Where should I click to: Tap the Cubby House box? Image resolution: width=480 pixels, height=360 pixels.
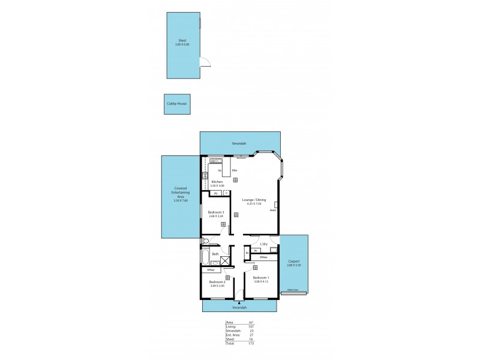(177, 104)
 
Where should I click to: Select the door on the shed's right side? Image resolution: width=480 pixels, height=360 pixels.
(205, 62)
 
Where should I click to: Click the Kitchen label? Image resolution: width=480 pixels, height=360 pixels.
(217, 182)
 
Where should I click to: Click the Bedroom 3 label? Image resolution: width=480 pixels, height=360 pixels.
(216, 213)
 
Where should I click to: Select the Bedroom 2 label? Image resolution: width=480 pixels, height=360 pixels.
(217, 281)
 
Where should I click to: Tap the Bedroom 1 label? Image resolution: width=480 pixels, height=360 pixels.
(261, 277)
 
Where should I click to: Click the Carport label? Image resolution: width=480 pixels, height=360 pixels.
(294, 262)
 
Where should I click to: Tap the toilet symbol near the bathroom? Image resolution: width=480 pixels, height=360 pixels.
(205, 241)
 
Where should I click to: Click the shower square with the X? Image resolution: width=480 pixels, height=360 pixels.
(225, 260)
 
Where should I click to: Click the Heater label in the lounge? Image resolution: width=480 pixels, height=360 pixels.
(273, 210)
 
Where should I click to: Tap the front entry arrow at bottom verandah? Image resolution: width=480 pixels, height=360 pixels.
(239, 302)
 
